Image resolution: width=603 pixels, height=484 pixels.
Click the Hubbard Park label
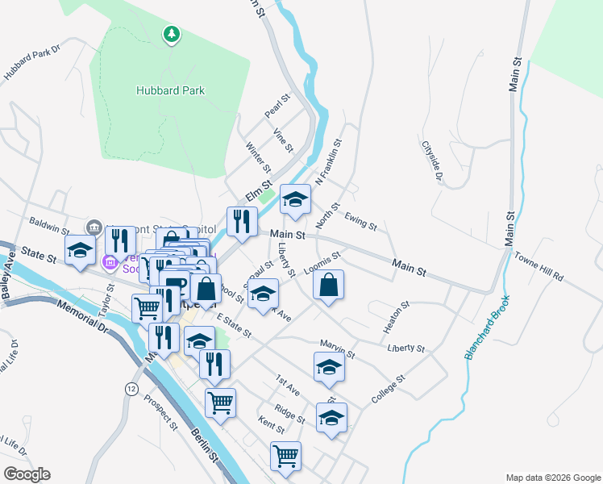tap(170, 91)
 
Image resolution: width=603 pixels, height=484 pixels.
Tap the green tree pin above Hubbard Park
tap(171, 34)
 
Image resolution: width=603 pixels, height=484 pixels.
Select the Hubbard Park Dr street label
tap(32, 63)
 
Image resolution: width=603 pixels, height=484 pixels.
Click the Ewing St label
tap(360, 220)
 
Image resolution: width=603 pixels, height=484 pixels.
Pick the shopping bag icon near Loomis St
tap(329, 285)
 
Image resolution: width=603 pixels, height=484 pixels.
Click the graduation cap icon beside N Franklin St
tap(295, 198)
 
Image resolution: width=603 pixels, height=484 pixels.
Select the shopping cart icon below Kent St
tap(285, 456)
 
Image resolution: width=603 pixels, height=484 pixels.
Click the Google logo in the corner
tap(26, 474)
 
